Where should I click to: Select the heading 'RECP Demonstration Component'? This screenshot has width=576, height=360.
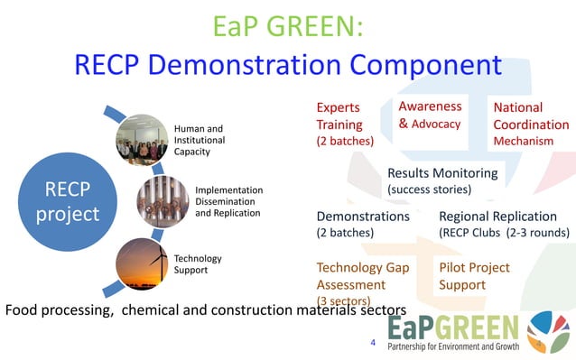(288, 65)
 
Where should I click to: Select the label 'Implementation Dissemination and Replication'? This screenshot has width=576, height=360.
(228, 201)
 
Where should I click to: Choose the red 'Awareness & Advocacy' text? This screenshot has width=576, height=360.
(431, 115)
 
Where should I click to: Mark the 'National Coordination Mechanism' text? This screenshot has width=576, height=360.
(531, 125)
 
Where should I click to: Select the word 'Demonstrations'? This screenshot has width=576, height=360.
(363, 217)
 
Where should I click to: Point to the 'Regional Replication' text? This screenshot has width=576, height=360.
(497, 217)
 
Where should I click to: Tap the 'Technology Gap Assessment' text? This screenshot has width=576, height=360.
(363, 276)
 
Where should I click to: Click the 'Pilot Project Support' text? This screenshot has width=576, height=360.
(474, 276)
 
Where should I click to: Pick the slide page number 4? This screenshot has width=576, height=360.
(374, 343)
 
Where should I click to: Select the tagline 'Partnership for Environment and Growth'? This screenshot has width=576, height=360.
(455, 346)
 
